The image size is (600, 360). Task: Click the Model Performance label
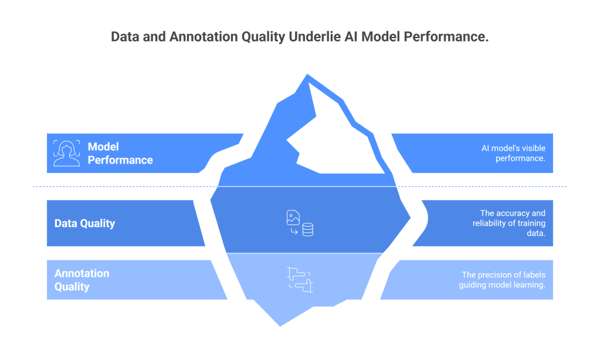click(120, 153)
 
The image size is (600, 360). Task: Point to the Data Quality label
click(84, 223)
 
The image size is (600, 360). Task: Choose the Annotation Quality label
click(82, 280)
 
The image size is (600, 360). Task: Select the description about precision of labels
click(503, 280)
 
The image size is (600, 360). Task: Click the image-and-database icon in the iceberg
click(300, 223)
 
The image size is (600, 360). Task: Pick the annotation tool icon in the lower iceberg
click(300, 279)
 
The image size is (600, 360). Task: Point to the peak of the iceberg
click(306, 75)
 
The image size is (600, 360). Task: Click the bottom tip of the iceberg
click(280, 325)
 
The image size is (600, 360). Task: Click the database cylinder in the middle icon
click(308, 230)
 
